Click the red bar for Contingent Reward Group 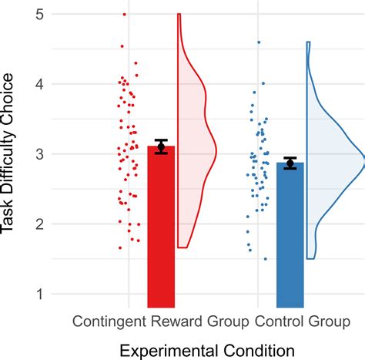click(x=161, y=231)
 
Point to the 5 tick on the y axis click(x=37, y=14)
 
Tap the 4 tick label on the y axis click(x=37, y=84)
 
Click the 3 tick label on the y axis click(x=37, y=154)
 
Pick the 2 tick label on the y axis click(x=37, y=224)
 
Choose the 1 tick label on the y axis click(x=37, y=294)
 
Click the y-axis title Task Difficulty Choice click(x=10, y=154)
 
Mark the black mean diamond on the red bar click(x=161, y=147)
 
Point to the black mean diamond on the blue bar click(x=290, y=163)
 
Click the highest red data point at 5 click(x=124, y=15)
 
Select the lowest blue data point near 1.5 click(x=266, y=259)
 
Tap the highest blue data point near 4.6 click(x=259, y=42)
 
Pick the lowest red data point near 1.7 click(x=120, y=247)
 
